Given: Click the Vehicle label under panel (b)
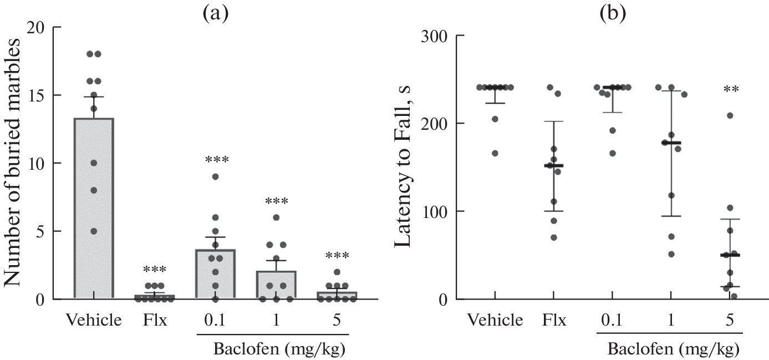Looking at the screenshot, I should pos(495,321).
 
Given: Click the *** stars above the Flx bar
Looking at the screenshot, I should pos(154,270).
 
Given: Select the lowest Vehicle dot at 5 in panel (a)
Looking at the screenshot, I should pos(94,231).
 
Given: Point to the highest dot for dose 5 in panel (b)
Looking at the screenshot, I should pos(730,115).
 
